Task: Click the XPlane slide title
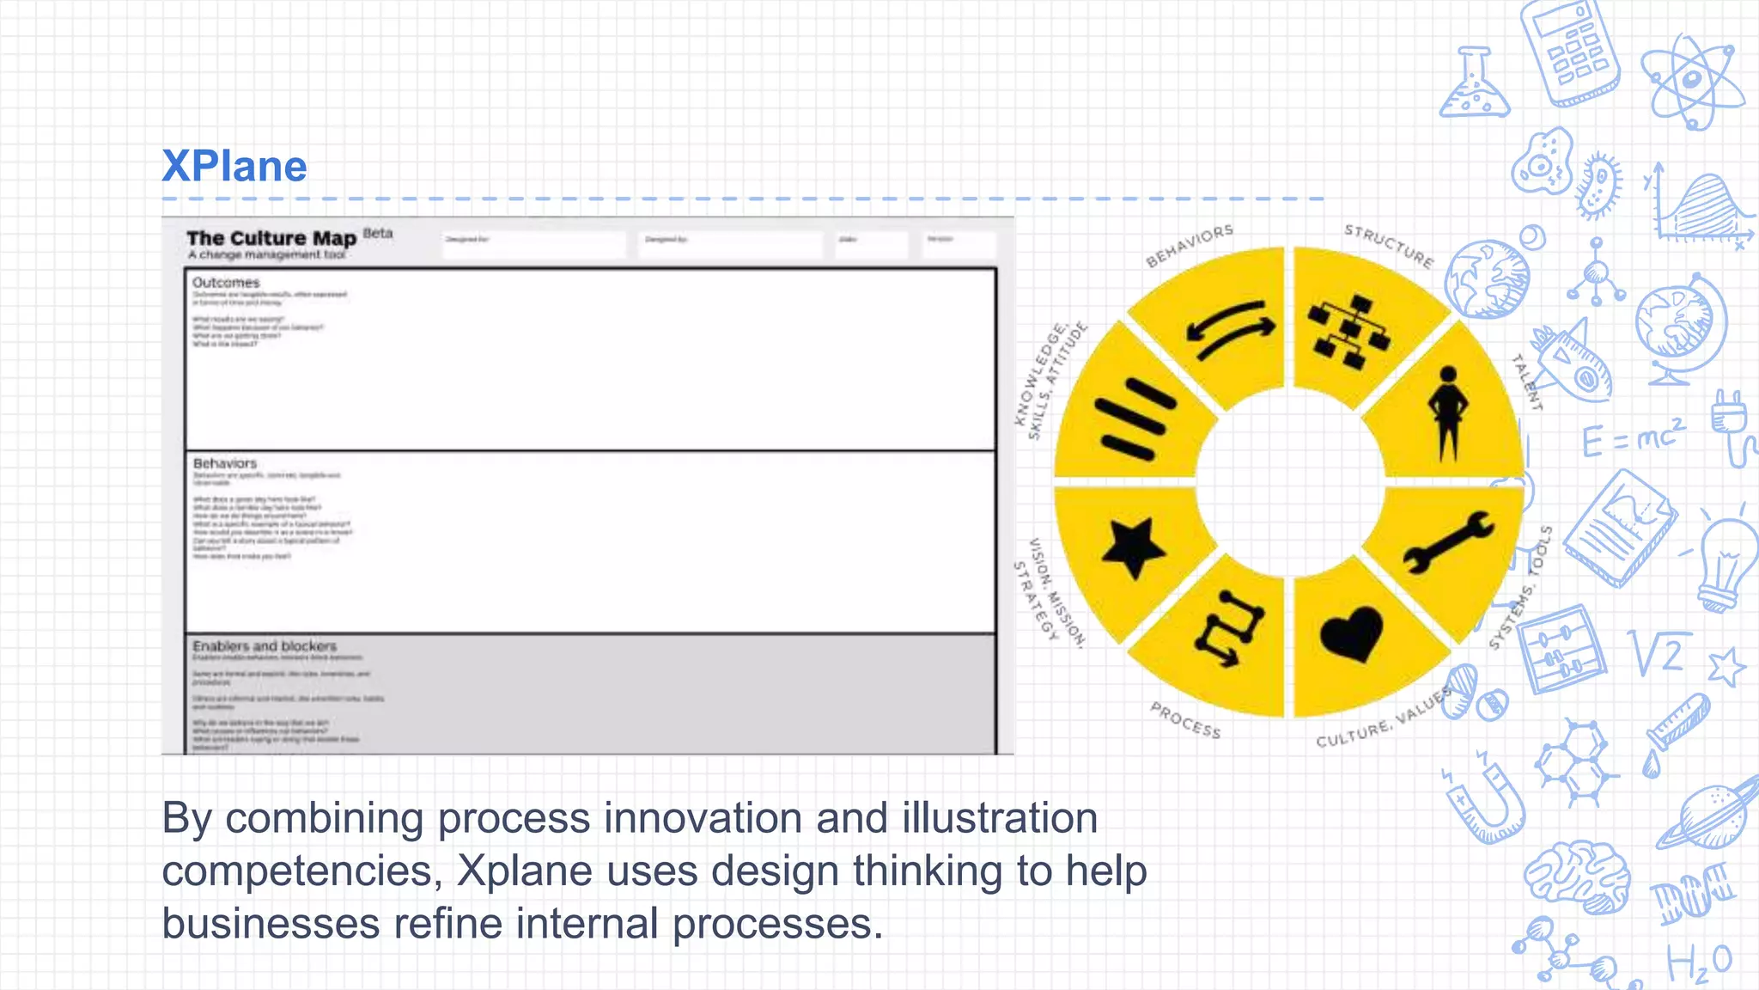[234, 166]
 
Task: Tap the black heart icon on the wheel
[1351, 633]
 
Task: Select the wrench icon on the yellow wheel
[1450, 541]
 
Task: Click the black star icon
[1133, 547]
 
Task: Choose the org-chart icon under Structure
[1349, 332]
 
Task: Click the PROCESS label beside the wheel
[1185, 720]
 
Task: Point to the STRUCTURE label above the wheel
[1389, 245]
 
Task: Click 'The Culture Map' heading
[271, 238]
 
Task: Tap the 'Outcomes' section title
[226, 283]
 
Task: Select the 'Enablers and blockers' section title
[265, 646]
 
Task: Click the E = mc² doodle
[1633, 438]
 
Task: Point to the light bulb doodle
[1726, 563]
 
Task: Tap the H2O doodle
[1699, 962]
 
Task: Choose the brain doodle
[1578, 877]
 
